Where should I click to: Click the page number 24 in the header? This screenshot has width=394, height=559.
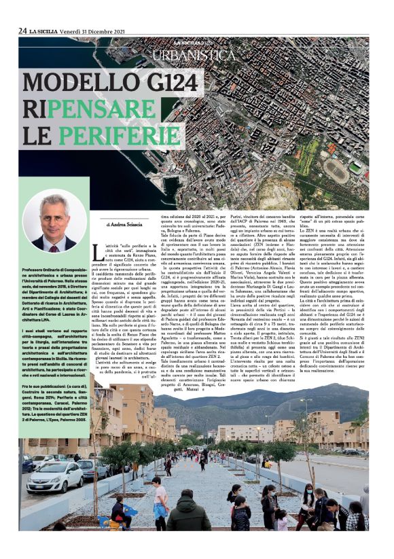tap(22, 31)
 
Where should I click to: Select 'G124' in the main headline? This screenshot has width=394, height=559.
tap(211, 84)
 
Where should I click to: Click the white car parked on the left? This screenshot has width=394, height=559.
tap(54, 477)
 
